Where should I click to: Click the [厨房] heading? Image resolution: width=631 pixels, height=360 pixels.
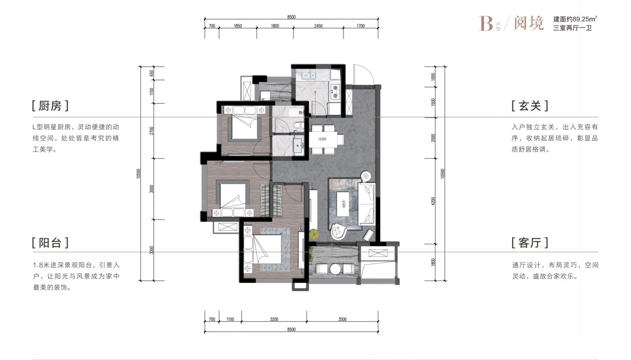coord(50,106)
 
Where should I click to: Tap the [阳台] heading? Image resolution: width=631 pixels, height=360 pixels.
coord(50,242)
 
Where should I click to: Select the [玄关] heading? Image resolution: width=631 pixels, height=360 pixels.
coord(530,106)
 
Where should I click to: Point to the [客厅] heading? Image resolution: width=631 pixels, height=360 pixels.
coord(530,242)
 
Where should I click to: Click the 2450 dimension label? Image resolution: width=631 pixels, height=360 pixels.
coord(318,26)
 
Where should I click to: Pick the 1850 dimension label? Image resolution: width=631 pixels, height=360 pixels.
coord(238,26)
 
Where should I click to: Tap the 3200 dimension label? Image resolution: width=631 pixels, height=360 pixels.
coord(274,319)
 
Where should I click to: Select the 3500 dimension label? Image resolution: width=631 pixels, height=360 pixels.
coord(342,319)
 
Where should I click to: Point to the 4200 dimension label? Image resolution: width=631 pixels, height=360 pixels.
coord(433,201)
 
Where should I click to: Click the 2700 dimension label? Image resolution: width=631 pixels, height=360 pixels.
coord(152,131)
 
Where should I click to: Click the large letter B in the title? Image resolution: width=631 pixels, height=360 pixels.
coord(486,23)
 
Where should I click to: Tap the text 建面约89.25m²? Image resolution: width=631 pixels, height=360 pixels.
coord(575,19)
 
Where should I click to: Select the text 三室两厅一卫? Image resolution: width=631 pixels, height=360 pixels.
coord(572,28)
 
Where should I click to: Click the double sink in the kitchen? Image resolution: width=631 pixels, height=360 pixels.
coord(308,75)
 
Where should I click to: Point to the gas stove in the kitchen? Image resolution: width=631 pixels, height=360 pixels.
coord(335,91)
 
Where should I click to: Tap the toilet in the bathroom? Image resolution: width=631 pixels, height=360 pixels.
coord(298,124)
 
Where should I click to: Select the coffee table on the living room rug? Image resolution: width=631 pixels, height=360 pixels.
coord(343,204)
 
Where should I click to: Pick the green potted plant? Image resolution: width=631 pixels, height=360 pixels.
coord(314,234)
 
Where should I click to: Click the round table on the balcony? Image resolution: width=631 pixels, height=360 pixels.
coord(335,269)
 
